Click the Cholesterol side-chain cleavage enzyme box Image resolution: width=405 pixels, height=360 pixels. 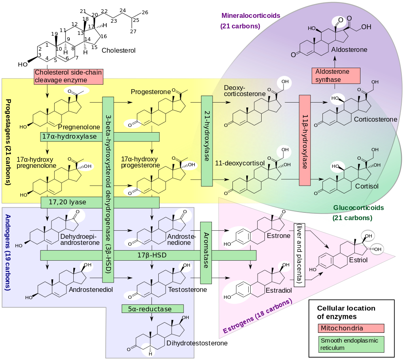click(68, 77)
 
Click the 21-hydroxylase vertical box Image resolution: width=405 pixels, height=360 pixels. click(207, 141)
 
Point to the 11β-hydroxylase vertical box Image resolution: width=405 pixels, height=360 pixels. click(305, 141)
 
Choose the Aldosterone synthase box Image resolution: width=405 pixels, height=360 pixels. click(336, 76)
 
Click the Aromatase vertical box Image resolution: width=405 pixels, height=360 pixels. click(206, 253)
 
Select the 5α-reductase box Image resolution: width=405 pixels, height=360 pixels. click(153, 309)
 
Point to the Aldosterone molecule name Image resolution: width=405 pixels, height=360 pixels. click(349, 50)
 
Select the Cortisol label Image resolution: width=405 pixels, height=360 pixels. click(367, 186)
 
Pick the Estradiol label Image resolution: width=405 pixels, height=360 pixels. click(279, 291)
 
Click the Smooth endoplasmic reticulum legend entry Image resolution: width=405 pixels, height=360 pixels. click(351, 344)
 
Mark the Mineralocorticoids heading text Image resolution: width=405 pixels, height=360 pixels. click(251, 16)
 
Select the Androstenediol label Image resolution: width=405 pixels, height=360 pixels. click(91, 290)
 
